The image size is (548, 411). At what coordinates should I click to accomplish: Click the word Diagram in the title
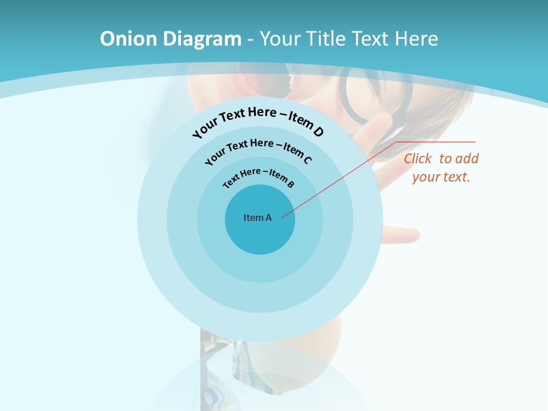pos(203,39)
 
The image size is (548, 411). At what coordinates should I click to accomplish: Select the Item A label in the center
pos(257,217)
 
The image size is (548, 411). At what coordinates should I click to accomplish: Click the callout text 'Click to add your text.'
pos(441,168)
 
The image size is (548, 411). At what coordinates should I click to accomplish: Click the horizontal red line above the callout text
pos(436,142)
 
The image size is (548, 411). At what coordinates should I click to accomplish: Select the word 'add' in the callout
pos(467,159)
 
